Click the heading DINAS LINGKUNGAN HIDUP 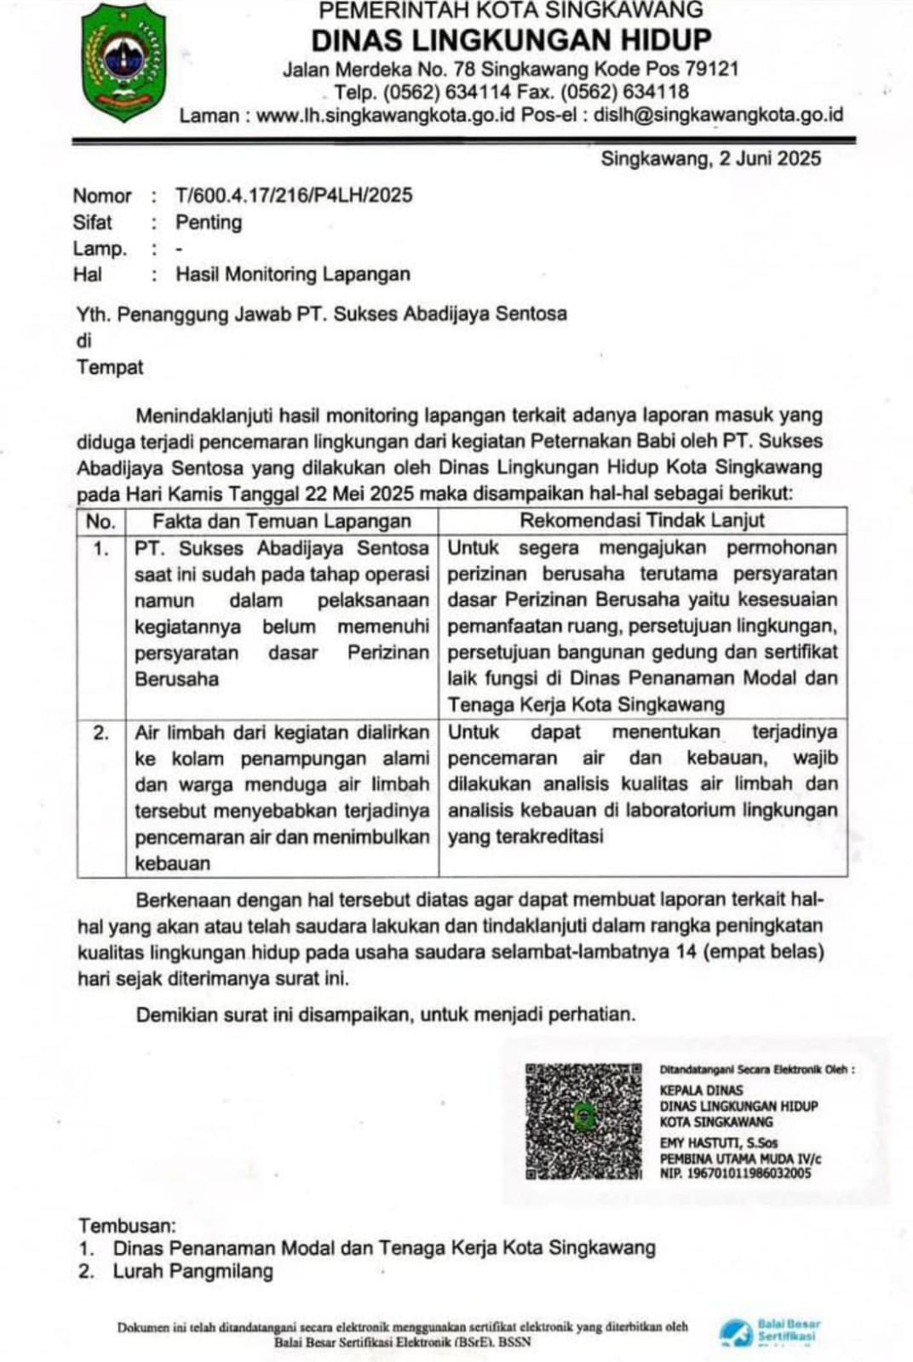(x=511, y=40)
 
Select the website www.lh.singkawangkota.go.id (x=385, y=115)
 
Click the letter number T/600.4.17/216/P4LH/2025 (x=294, y=195)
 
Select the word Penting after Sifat (x=209, y=222)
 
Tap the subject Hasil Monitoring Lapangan (x=293, y=274)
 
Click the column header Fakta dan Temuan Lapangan (x=281, y=521)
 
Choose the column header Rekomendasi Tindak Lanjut (x=642, y=520)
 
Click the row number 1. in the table (x=100, y=548)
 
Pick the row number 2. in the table (x=100, y=732)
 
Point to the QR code (x=583, y=1120)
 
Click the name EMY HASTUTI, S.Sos (x=718, y=1143)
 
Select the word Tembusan (x=127, y=1226)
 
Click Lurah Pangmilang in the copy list (x=193, y=1271)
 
